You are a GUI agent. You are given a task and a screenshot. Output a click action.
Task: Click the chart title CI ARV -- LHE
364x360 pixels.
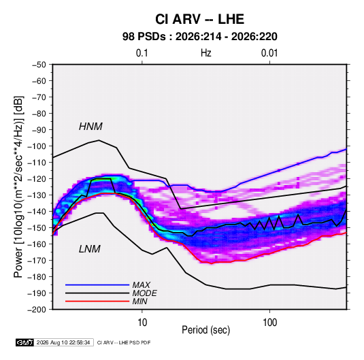[x=199, y=19]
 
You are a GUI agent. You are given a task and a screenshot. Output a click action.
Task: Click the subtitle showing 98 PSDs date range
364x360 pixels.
[x=199, y=37]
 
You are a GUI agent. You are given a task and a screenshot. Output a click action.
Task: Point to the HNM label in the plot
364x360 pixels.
[x=90, y=127]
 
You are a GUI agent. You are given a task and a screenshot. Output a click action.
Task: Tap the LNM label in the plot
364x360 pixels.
[x=90, y=249]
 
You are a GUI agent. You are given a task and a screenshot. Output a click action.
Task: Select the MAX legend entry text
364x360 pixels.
[x=141, y=284]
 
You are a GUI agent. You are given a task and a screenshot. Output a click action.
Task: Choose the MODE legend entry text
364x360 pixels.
[x=145, y=293]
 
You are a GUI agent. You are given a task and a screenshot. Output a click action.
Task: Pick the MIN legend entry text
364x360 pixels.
[x=139, y=301]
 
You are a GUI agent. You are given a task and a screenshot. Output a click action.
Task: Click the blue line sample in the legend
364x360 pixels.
[x=97, y=284]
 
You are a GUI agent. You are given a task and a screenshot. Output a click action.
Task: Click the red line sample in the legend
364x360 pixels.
[x=97, y=301]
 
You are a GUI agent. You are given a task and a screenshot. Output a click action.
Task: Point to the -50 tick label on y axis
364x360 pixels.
[x=39, y=65]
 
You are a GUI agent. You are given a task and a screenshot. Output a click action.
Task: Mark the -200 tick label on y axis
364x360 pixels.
[x=37, y=310]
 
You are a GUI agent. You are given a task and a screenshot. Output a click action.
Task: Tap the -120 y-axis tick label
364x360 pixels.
[x=37, y=179]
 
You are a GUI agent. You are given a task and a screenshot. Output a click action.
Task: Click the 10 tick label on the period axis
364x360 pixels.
[x=142, y=323]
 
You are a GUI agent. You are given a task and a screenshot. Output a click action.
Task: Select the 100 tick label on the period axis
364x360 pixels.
[x=269, y=323]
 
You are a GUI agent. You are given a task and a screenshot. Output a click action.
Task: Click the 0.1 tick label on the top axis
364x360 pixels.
[x=142, y=53]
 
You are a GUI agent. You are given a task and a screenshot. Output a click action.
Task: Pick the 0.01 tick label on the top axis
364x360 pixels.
[x=269, y=53]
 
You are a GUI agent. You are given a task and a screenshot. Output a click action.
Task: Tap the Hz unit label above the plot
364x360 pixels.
[x=206, y=53]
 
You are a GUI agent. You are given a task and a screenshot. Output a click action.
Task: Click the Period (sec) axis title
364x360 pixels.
[x=206, y=330]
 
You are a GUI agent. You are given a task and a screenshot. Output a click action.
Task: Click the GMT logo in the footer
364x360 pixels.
[x=25, y=342]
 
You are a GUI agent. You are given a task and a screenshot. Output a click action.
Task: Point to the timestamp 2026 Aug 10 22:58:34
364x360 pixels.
[x=63, y=342]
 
